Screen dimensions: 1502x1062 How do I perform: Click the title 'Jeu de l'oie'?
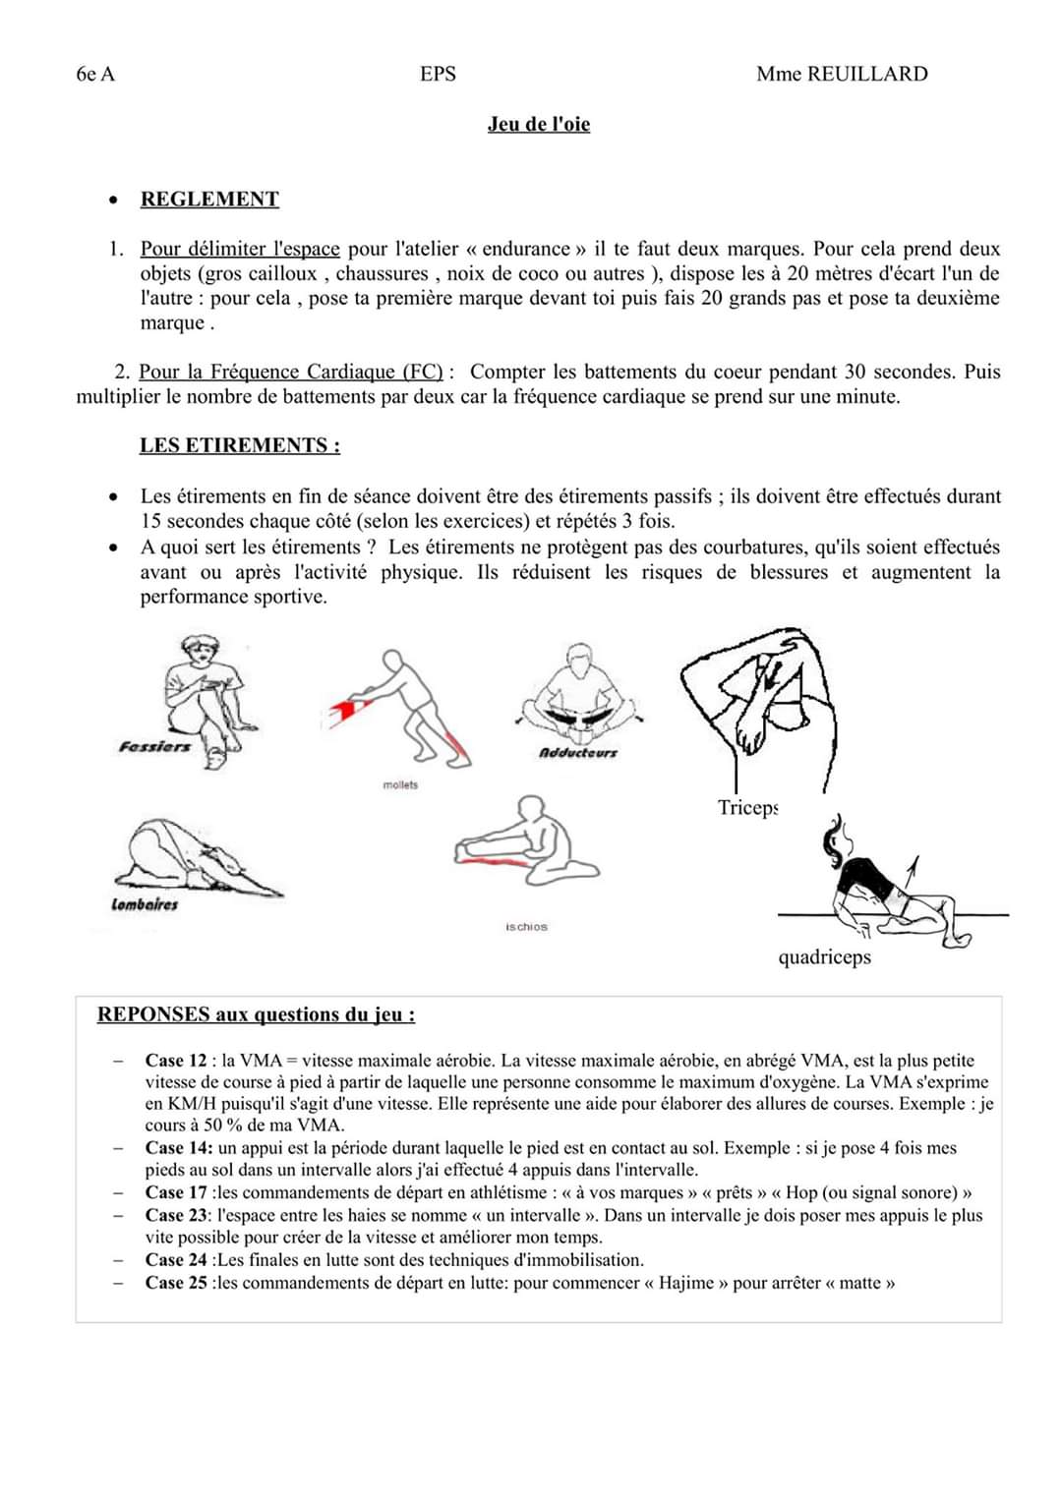[539, 124]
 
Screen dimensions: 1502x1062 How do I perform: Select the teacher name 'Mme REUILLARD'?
[842, 74]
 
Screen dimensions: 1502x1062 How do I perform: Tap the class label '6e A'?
[95, 74]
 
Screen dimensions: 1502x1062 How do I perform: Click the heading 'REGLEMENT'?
[209, 200]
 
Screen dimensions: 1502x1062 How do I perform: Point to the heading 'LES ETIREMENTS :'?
[240, 445]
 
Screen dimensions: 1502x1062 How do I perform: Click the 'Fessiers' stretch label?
[154, 747]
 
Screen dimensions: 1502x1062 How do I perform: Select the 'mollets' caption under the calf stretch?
[400, 784]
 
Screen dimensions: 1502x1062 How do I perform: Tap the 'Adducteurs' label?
[578, 753]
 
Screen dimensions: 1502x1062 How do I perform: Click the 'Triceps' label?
[747, 808]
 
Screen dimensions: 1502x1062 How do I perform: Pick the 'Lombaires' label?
[145, 904]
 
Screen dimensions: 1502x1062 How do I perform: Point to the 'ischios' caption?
[526, 927]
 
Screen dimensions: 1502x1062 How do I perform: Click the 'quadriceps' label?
[824, 957]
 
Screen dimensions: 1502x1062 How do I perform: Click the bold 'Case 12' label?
[176, 1061]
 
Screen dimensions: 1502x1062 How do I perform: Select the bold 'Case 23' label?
[176, 1215]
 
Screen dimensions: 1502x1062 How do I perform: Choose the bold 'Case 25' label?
[176, 1283]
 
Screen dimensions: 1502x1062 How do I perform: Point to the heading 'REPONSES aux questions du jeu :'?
[256, 1014]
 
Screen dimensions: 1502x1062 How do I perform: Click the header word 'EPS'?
[438, 74]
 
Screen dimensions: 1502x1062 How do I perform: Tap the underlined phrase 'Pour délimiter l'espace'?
[240, 249]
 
